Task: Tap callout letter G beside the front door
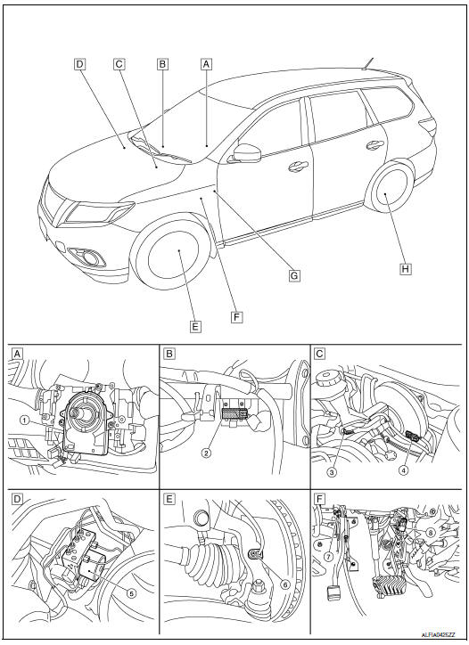tap(292, 276)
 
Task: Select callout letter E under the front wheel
tap(195, 325)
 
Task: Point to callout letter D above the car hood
tap(79, 64)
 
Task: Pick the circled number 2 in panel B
tap(208, 453)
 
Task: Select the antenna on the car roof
tap(366, 64)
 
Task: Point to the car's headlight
tap(99, 212)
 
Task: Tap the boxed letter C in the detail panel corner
tap(319, 353)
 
